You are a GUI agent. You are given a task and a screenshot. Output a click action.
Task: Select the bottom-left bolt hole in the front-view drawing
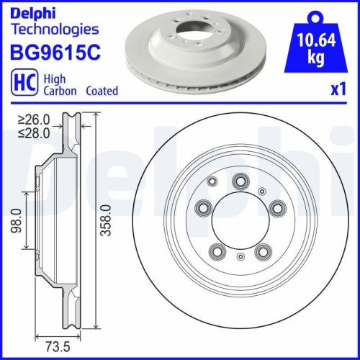[216, 252]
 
